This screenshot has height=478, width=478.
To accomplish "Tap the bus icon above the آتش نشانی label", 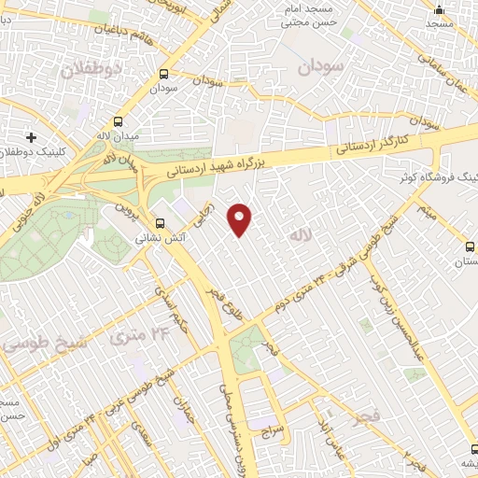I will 161,223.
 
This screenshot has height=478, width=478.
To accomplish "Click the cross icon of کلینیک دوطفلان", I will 32,138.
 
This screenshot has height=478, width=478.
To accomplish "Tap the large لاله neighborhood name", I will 299,236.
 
